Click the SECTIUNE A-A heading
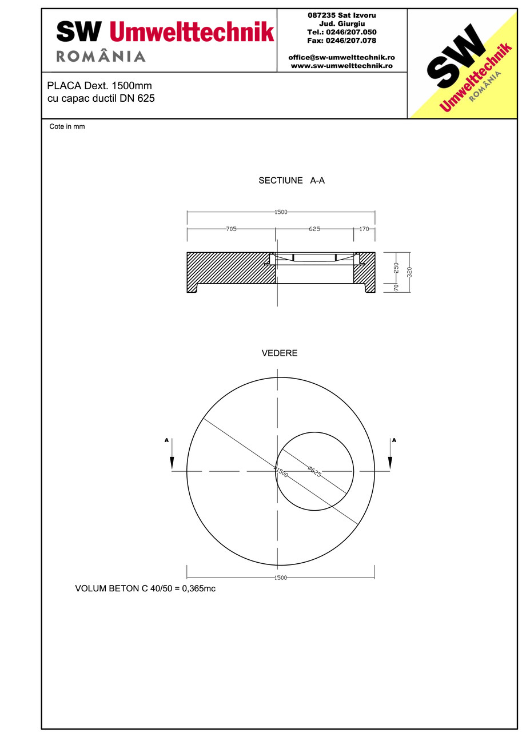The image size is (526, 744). [x=292, y=180]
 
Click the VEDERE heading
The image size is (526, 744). [x=280, y=353]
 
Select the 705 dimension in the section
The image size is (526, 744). [x=231, y=229]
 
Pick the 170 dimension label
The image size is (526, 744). [x=364, y=229]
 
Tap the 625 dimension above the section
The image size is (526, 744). [x=314, y=229]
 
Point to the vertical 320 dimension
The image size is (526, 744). [x=409, y=272]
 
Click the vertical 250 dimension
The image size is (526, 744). [x=396, y=267]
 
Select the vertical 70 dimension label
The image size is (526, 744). [x=396, y=287]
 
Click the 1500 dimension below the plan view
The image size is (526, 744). [x=280, y=578]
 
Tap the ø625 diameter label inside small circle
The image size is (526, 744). [x=314, y=472]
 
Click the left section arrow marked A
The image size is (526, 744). [x=172, y=455]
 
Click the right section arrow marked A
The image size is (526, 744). [x=390, y=455]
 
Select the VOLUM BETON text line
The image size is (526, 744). [x=145, y=588]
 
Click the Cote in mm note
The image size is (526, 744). [x=67, y=126]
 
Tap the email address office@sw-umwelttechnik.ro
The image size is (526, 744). [x=341, y=57]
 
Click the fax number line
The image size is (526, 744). [x=341, y=41]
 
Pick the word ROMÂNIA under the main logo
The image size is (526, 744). [x=101, y=56]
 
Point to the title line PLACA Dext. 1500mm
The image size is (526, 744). [x=99, y=86]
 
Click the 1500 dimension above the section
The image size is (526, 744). [x=280, y=212]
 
